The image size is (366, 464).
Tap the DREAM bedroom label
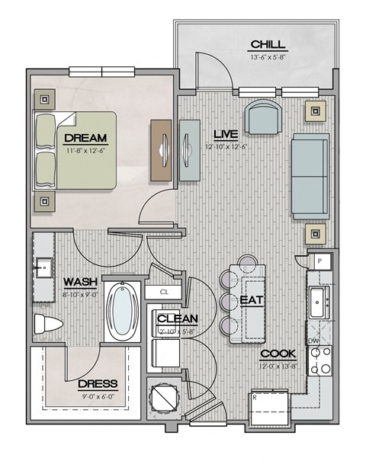click(x=85, y=139)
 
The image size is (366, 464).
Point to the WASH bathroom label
click(x=79, y=281)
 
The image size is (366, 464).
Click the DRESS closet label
click(x=97, y=384)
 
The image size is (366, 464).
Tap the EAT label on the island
click(x=252, y=300)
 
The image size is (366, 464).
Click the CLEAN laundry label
click(x=177, y=319)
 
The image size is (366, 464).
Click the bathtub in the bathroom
click(x=122, y=312)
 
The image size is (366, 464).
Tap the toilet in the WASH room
click(x=47, y=325)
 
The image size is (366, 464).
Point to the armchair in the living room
click(x=263, y=118)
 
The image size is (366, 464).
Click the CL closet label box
click(x=165, y=292)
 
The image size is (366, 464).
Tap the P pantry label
click(x=319, y=261)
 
